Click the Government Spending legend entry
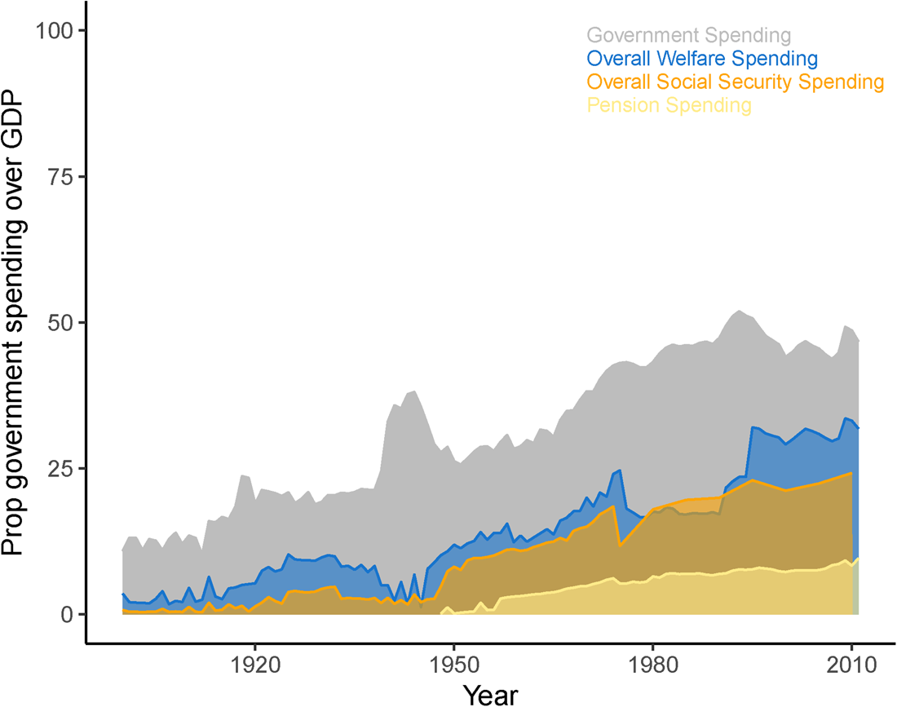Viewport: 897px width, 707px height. pyautogui.click(x=689, y=35)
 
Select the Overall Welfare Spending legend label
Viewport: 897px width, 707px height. pyautogui.click(x=702, y=59)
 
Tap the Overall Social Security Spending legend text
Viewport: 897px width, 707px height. pyautogui.click(x=735, y=82)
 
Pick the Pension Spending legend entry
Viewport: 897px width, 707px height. pyautogui.click(x=669, y=105)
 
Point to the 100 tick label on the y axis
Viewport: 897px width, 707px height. pyautogui.click(x=55, y=30)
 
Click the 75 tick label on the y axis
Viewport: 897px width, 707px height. pyautogui.click(x=60, y=177)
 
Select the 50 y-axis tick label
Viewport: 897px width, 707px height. pyautogui.click(x=60, y=323)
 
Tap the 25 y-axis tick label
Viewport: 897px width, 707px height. pyautogui.click(x=60, y=468)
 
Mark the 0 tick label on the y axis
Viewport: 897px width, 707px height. pyautogui.click(x=68, y=615)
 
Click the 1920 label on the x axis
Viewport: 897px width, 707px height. pyautogui.click(x=254, y=665)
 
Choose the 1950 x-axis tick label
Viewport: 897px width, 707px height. pyautogui.click(x=453, y=665)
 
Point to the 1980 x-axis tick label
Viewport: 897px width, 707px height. pyautogui.click(x=652, y=665)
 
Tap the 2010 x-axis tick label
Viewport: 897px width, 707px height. pyautogui.click(x=852, y=665)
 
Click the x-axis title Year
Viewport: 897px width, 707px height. pyautogui.click(x=490, y=696)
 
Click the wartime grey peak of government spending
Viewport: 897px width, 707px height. pyautogui.click(x=414, y=391)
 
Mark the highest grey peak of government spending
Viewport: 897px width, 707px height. pyautogui.click(x=739, y=311)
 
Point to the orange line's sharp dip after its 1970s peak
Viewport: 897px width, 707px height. pyautogui.click(x=620, y=545)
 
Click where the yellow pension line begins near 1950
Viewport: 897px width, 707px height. pyautogui.click(x=441, y=612)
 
